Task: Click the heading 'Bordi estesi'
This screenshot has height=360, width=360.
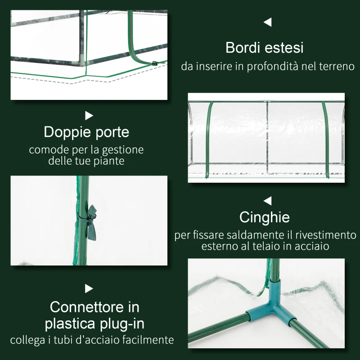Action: click(x=265, y=47)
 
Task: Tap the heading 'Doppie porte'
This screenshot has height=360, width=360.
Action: click(x=86, y=132)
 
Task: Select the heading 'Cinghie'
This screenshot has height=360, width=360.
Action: click(x=265, y=217)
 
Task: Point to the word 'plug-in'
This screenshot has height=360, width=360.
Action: click(x=120, y=323)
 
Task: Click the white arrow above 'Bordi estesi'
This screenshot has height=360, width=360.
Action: click(x=268, y=22)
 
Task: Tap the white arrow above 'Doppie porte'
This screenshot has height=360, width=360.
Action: click(x=89, y=116)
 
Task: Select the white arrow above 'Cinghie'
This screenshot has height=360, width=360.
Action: click(x=268, y=200)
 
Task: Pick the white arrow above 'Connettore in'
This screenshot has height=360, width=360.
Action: click(x=89, y=288)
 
